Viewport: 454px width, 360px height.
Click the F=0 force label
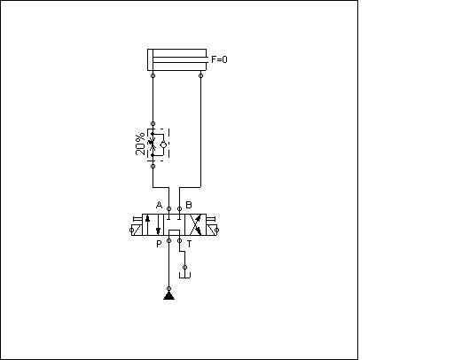(x=219, y=59)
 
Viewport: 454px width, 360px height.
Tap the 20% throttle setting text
(x=141, y=145)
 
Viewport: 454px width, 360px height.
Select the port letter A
(x=159, y=205)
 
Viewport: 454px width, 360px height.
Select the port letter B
(x=189, y=205)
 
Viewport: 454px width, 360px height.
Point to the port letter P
(x=159, y=244)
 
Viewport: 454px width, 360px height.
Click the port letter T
(x=189, y=244)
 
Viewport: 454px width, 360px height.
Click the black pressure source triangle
(x=168, y=295)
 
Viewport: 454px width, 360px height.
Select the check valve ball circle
(x=163, y=145)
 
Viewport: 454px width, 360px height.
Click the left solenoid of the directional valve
(x=137, y=230)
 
